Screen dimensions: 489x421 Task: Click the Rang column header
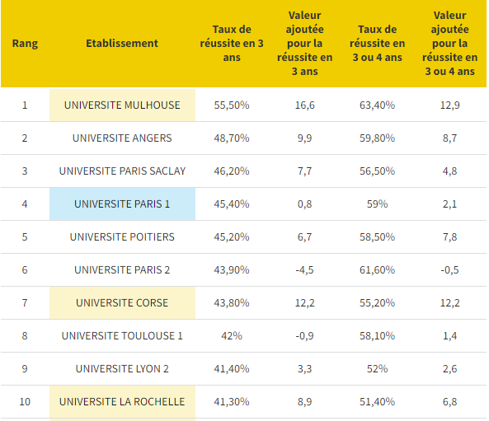(25, 44)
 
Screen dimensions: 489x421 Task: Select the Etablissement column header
(122, 44)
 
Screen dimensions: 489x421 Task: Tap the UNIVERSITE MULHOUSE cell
(122, 105)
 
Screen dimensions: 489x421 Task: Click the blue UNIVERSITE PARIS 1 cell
(122, 203)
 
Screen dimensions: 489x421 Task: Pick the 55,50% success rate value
(232, 105)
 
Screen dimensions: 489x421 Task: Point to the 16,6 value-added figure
(304, 105)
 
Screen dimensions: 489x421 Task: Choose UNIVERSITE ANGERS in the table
(122, 138)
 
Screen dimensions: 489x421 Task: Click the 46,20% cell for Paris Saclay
(232, 171)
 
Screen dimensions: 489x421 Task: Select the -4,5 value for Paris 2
(304, 269)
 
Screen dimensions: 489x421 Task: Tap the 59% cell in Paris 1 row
(378, 203)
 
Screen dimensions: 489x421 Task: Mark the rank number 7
(25, 302)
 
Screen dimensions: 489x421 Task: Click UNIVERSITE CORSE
(122, 302)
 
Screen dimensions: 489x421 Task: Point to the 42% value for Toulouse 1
(232, 335)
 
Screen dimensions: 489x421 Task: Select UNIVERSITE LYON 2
(122, 368)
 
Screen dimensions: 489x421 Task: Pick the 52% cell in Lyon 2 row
(378, 368)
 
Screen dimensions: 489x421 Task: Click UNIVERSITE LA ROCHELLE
(122, 401)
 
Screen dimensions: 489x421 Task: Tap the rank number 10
(25, 401)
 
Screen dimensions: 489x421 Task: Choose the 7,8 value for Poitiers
(449, 236)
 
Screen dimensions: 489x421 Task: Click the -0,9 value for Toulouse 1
(304, 335)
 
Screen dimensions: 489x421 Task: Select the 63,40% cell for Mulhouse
(378, 105)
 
